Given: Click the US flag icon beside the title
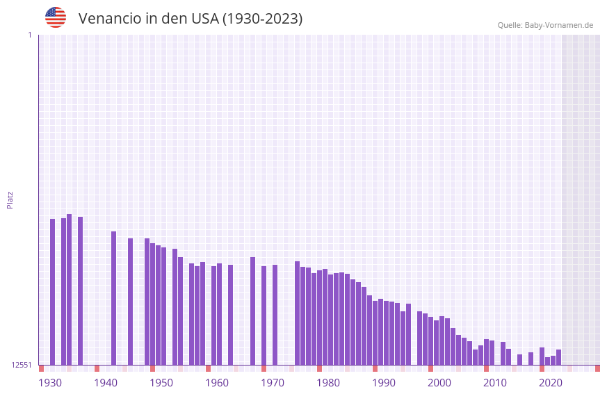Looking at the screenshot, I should pyautogui.click(x=56, y=17).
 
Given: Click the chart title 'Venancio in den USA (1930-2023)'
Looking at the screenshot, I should pyautogui.click(x=191, y=19).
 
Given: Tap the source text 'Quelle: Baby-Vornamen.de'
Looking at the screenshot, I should pyautogui.click(x=545, y=25).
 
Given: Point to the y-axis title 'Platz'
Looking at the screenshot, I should pyautogui.click(x=10, y=199).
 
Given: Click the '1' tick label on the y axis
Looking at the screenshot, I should pyautogui.click(x=29, y=35).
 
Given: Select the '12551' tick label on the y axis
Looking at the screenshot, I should pyautogui.click(x=21, y=365).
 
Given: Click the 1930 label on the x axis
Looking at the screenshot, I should pyautogui.click(x=50, y=383).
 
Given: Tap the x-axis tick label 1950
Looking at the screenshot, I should pyautogui.click(x=161, y=383).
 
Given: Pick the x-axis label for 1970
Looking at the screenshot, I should pyautogui.click(x=273, y=383).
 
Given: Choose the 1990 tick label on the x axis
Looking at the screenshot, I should pyautogui.click(x=384, y=383).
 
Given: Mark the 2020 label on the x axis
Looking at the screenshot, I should pyautogui.click(x=551, y=383).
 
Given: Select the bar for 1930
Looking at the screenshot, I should pyautogui.click(x=53, y=292).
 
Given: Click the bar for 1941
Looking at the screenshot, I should pyautogui.click(x=114, y=298).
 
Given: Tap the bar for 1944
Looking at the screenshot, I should pyautogui.click(x=131, y=302).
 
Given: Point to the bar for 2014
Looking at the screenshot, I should pyautogui.click(x=520, y=359).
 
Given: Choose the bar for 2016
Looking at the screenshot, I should pyautogui.click(x=531, y=359).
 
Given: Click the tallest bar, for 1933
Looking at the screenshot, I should pyautogui.click(x=70, y=289).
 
